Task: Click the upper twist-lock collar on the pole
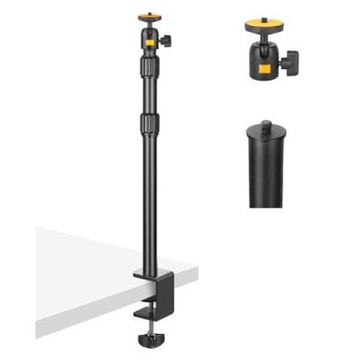coord(149,67)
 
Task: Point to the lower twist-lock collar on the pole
coord(149,123)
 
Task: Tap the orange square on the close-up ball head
coord(259,69)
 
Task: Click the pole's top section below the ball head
coord(149,91)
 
